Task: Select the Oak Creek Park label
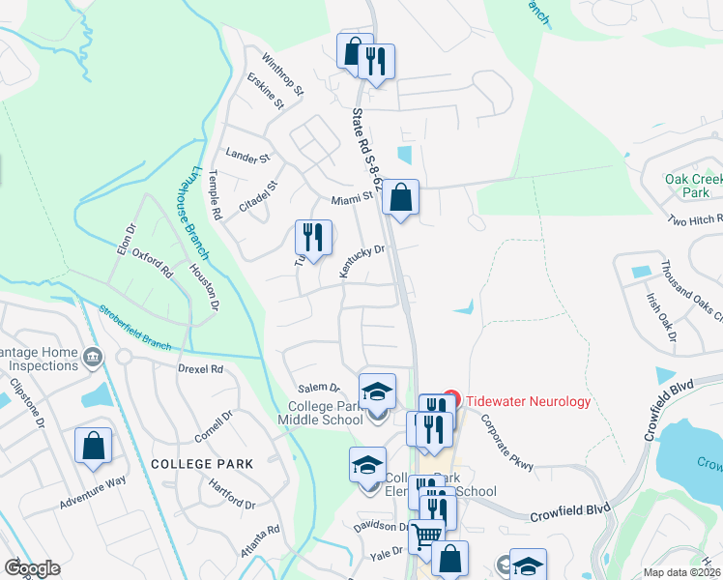pyautogui.click(x=694, y=186)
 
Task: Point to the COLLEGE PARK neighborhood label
pyautogui.click(x=202, y=464)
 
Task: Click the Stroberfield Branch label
pyautogui.click(x=135, y=329)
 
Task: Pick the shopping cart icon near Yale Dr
pyautogui.click(x=426, y=536)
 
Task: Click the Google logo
pyautogui.click(x=32, y=568)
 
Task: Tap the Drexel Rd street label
pyautogui.click(x=201, y=369)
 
